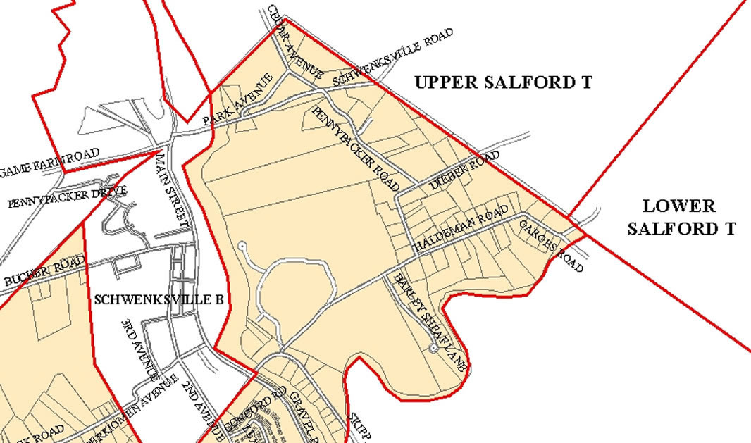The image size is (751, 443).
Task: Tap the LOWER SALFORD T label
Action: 681,217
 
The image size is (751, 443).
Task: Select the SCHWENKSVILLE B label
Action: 159,299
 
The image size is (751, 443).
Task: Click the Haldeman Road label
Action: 461,229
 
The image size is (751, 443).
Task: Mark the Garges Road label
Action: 552,245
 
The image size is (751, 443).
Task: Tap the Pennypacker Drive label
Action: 68,197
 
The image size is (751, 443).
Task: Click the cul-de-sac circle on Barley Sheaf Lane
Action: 433,349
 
